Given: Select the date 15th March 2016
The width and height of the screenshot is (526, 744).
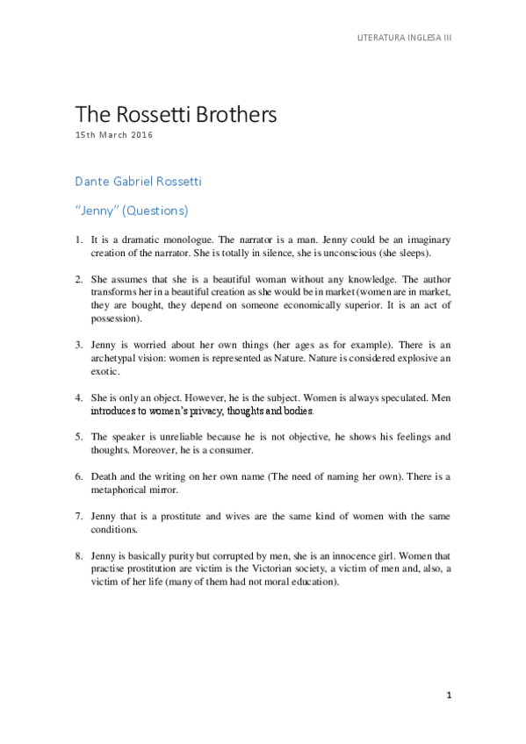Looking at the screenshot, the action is (115, 137).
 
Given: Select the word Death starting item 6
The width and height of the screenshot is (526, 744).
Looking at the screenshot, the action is (104, 476).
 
